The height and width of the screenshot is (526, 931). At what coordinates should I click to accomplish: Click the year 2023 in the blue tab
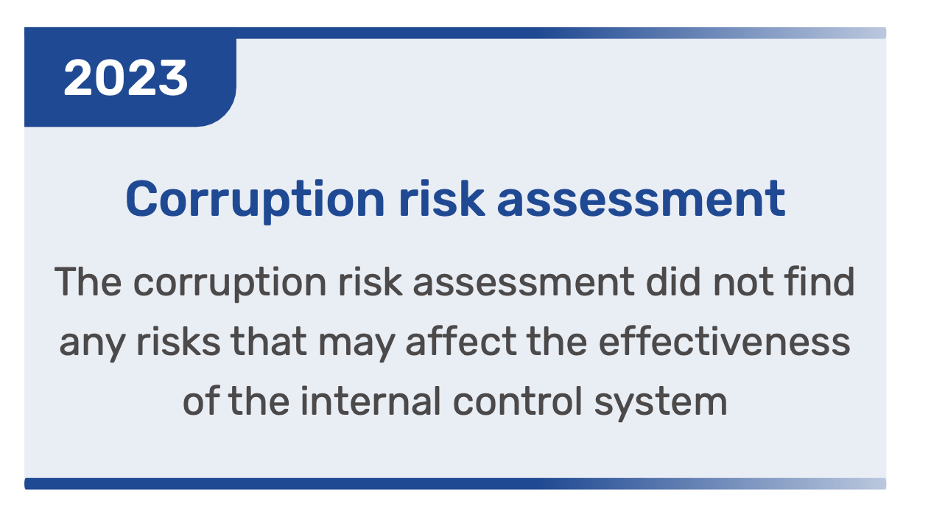125,78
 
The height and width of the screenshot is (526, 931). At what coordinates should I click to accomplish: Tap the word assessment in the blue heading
641,200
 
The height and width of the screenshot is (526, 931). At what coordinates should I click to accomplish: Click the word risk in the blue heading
441,198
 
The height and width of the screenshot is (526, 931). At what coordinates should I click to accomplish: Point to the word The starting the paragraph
88,282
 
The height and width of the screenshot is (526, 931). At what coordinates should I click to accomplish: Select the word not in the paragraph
743,283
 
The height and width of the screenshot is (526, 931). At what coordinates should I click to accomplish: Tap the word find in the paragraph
820,281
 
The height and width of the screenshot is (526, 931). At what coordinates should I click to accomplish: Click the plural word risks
178,341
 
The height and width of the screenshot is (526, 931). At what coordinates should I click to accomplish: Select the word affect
460,341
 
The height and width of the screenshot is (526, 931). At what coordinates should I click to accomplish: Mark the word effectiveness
725,341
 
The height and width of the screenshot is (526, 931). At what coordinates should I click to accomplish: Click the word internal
370,401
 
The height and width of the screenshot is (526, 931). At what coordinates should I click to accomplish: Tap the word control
518,401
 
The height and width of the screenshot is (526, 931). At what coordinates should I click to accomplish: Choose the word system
661,404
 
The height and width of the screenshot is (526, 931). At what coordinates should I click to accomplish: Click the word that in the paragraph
269,341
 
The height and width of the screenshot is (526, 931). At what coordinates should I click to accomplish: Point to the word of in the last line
200,401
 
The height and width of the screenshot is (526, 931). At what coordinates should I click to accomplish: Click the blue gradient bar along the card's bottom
455,483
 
